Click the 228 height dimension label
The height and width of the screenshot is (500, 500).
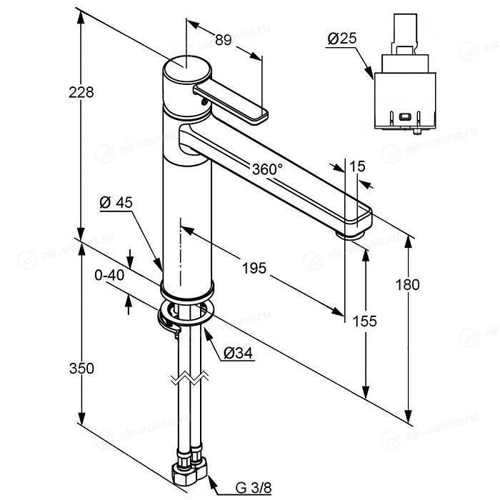click(x=81, y=92)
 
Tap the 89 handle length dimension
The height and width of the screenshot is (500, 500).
click(x=223, y=40)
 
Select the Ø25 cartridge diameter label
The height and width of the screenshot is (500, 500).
click(x=342, y=39)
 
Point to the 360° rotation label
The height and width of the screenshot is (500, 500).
click(x=267, y=169)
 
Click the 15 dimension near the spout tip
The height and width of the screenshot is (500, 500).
click(x=357, y=166)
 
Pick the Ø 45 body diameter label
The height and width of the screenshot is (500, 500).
click(x=116, y=202)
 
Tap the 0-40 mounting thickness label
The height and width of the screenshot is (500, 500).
click(x=109, y=275)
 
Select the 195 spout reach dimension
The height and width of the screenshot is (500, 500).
click(x=254, y=268)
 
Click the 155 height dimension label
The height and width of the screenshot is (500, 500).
click(x=364, y=321)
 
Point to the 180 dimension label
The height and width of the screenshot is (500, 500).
click(x=407, y=284)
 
